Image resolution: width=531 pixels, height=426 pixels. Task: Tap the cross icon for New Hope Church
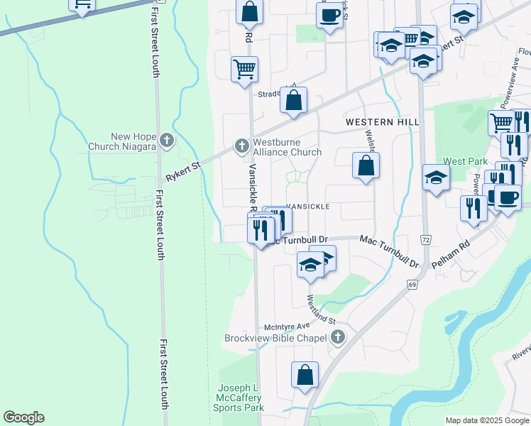pyautogui.click(x=166, y=140)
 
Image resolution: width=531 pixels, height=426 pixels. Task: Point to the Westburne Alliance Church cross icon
pyautogui.click(x=241, y=146)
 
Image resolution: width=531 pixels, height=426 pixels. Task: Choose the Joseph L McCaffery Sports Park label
pyautogui.click(x=241, y=398)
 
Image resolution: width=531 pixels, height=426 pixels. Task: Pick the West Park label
pyautogui.click(x=465, y=162)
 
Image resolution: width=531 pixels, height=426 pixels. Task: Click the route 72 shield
pyautogui.click(x=425, y=239)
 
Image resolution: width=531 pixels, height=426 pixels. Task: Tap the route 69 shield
pyautogui.click(x=411, y=285)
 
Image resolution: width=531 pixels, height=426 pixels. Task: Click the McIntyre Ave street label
pyautogui.click(x=283, y=327)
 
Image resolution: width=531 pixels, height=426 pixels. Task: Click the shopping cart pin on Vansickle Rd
pyautogui.click(x=244, y=69)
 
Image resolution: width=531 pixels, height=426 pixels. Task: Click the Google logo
pyautogui.click(x=23, y=417)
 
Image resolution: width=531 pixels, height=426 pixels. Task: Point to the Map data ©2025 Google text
pyautogui.click(x=487, y=420)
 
